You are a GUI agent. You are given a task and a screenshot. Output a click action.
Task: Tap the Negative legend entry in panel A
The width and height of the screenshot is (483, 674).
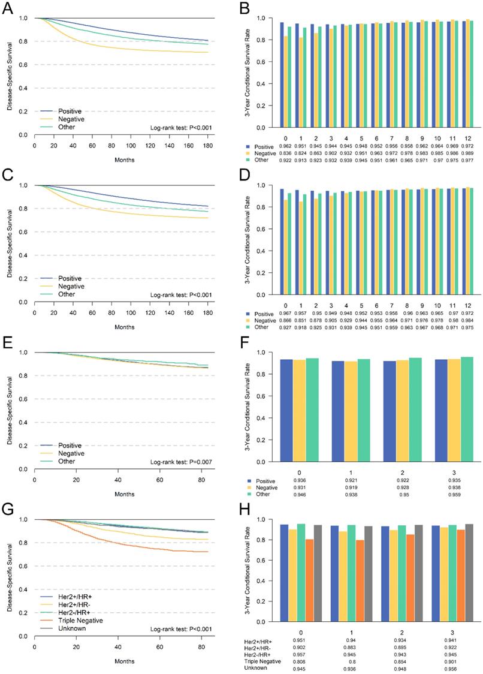click(x=72, y=119)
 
